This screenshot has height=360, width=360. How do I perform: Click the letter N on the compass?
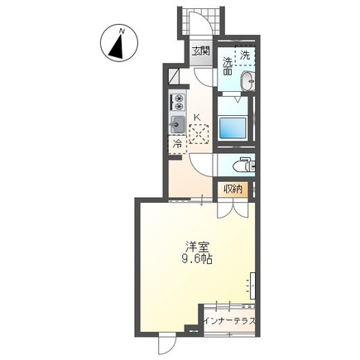121,31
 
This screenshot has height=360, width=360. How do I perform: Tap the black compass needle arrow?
117,46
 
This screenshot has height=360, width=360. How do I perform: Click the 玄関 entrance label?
201,51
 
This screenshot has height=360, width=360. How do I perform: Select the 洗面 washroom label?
228,66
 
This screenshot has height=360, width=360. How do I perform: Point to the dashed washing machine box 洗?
245,55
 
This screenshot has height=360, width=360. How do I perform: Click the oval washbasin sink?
248,81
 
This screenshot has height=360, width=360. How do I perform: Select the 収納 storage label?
233,190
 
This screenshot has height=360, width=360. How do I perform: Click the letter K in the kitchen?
197,118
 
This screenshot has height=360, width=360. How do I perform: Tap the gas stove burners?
177,102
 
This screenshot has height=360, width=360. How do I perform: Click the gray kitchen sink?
177,124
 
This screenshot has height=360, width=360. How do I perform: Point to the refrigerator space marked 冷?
178,144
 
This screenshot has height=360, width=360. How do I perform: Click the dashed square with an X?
199,134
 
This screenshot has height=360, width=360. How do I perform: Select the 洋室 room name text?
197,247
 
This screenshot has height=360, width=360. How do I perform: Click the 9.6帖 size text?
197,259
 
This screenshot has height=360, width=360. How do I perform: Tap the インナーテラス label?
229,321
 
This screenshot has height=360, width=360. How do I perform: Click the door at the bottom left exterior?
167,343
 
